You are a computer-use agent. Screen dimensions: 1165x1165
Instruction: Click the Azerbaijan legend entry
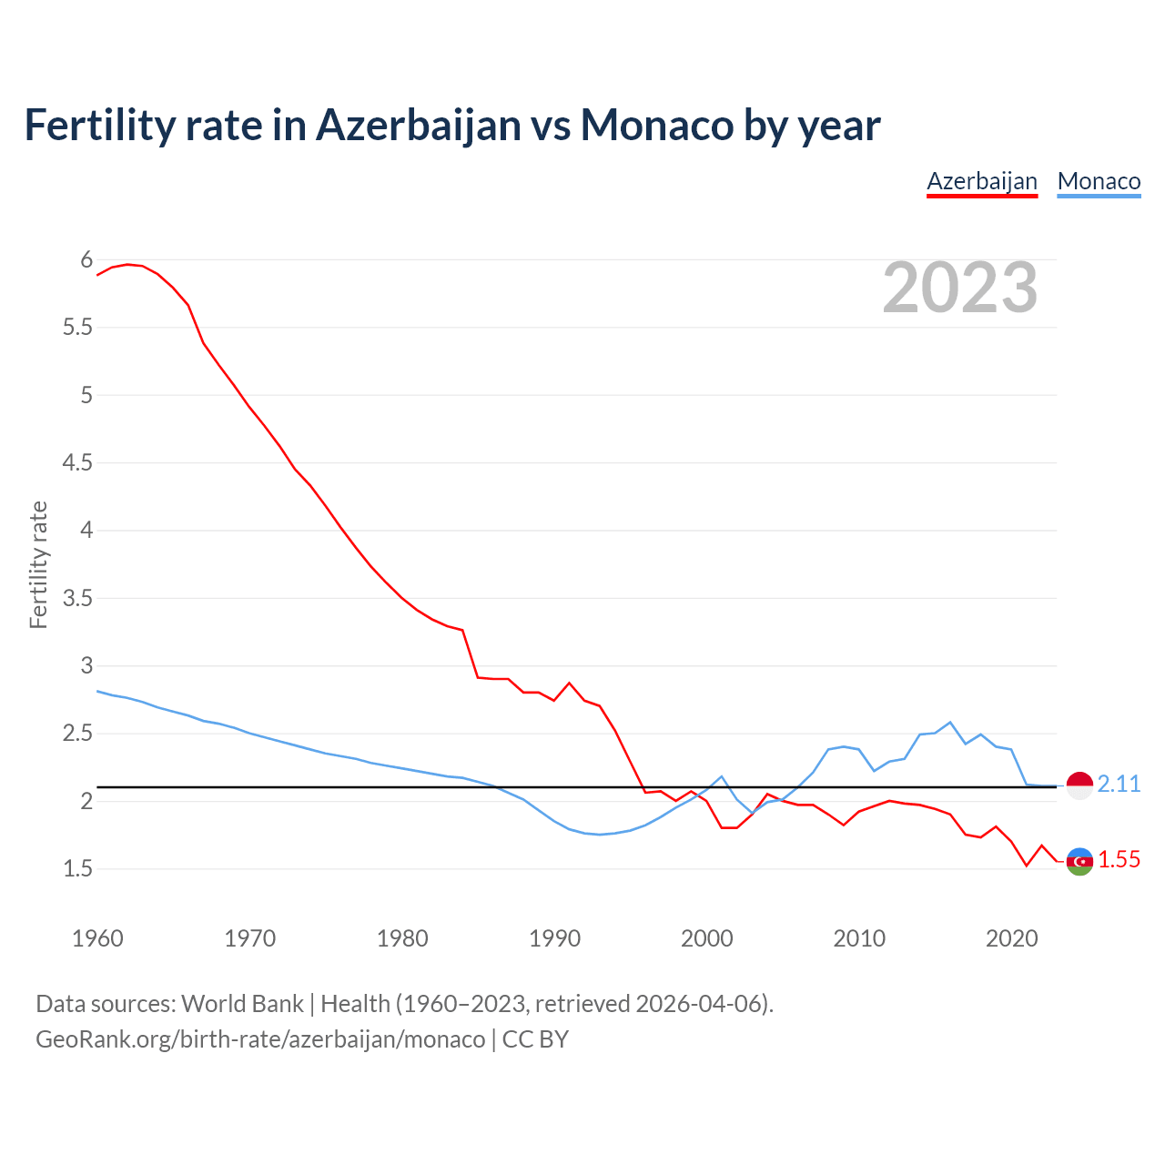point(982,181)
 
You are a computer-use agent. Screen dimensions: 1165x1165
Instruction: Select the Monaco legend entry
point(1099,181)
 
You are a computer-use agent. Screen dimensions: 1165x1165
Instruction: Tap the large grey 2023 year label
point(960,288)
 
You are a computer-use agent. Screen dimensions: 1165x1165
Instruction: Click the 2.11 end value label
point(1119,784)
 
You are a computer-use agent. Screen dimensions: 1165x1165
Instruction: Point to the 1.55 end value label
point(1119,859)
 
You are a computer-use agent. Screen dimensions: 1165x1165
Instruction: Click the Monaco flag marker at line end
point(1079,785)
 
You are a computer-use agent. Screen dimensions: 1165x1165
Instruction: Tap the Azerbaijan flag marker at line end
point(1079,861)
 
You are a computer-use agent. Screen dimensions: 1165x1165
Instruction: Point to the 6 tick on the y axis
point(86,260)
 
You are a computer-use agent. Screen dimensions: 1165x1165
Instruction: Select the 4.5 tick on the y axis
point(77,463)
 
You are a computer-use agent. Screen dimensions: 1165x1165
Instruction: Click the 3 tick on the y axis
point(86,665)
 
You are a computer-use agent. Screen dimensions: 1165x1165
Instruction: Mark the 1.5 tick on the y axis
point(77,869)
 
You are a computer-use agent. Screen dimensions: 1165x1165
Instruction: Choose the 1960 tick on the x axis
point(97,938)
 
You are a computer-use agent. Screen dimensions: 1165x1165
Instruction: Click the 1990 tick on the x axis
point(554,938)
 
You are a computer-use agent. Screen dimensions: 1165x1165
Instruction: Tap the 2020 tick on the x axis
point(1011,938)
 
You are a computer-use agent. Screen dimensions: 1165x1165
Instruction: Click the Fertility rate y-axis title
point(38,564)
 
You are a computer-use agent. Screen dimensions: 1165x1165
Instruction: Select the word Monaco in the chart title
point(657,125)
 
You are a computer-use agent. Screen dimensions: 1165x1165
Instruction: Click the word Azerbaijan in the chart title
point(418,125)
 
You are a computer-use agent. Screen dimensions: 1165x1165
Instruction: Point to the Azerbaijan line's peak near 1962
point(127,264)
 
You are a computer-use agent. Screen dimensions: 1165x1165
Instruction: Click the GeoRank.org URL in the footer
point(260,1039)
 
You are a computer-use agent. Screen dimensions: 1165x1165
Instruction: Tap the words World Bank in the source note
point(242,1004)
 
